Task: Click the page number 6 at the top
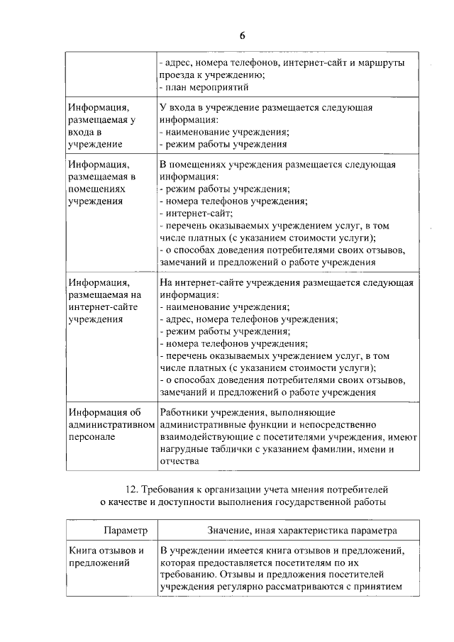(x=243, y=36)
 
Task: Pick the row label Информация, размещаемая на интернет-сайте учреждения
(x=106, y=301)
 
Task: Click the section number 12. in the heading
(x=129, y=490)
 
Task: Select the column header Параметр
(x=125, y=531)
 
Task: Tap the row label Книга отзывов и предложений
(x=106, y=556)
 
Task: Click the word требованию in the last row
(x=187, y=575)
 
